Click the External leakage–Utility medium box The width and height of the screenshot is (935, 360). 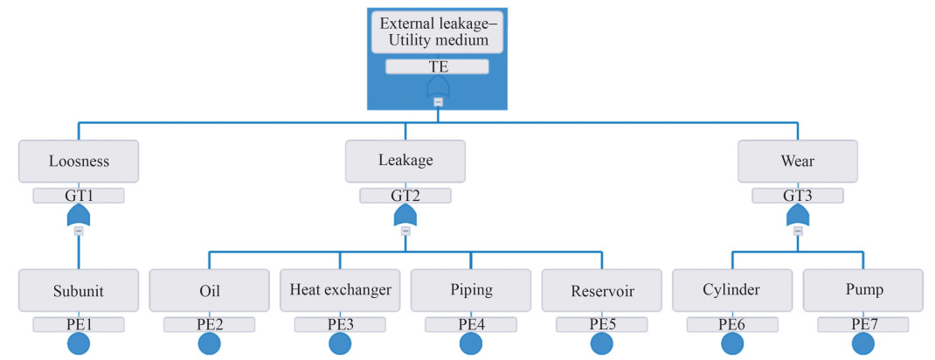click(x=437, y=32)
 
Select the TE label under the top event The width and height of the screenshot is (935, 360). click(x=437, y=66)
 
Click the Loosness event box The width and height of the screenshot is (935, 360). click(x=79, y=161)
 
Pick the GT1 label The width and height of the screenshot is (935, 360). click(x=79, y=196)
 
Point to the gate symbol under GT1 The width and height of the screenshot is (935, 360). click(x=79, y=215)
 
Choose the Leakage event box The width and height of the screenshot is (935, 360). click(x=405, y=161)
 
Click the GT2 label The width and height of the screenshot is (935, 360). click(x=405, y=196)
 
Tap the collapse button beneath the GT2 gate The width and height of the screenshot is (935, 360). click(x=405, y=232)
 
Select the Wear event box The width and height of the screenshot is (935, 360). click(x=798, y=161)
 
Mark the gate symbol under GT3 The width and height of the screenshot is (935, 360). click(x=798, y=215)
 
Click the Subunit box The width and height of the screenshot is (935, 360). click(x=79, y=290)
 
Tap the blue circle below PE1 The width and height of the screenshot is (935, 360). click(x=79, y=343)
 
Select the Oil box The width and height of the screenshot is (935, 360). click(x=210, y=290)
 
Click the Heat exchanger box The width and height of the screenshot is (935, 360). click(x=340, y=290)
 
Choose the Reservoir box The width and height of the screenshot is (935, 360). click(x=602, y=290)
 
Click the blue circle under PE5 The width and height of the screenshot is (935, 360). click(x=602, y=343)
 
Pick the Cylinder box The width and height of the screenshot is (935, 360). click(x=732, y=290)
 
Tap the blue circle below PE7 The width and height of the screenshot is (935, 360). click(x=863, y=343)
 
